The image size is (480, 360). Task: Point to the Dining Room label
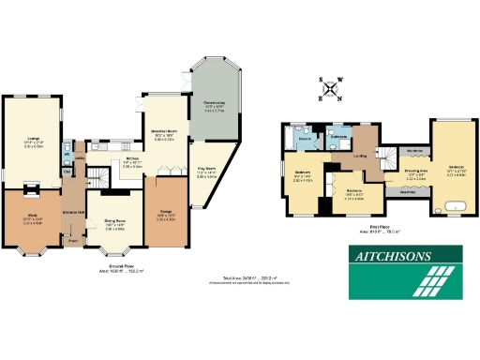pos(114,225)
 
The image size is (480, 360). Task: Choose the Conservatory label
pos(214,104)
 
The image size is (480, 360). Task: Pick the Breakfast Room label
pos(165,135)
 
